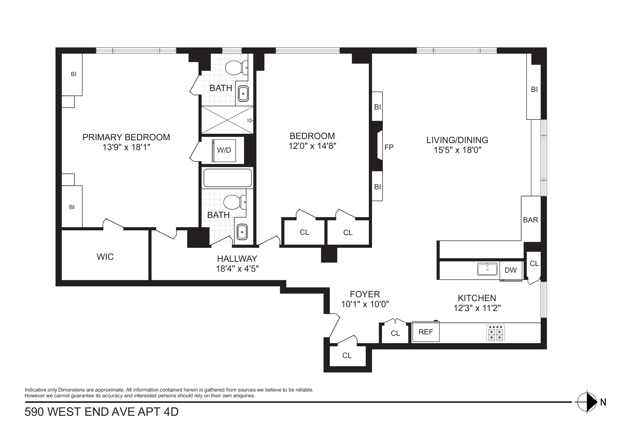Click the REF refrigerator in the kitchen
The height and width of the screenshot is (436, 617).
pyautogui.click(x=426, y=332)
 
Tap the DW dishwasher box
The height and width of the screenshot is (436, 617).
pyautogui.click(x=510, y=270)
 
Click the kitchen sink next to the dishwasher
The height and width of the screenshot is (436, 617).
pyautogui.click(x=487, y=269)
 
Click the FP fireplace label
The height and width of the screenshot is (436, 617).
pyautogui.click(x=389, y=147)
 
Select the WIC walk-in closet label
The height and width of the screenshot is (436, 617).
pyautogui.click(x=105, y=257)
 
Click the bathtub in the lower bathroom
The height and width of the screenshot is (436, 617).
pyautogui.click(x=228, y=178)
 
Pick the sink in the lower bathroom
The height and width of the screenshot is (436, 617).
pyautogui.click(x=242, y=232)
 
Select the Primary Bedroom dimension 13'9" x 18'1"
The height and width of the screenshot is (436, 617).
pyautogui.click(x=126, y=147)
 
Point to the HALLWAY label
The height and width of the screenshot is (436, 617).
pyautogui.click(x=237, y=259)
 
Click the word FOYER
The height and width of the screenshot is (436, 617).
pyautogui.click(x=365, y=295)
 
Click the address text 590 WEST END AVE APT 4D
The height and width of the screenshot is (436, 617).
pyautogui.click(x=102, y=412)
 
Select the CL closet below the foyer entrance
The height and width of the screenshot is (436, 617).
pyautogui.click(x=347, y=355)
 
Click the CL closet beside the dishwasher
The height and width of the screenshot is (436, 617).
pyautogui.click(x=534, y=264)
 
